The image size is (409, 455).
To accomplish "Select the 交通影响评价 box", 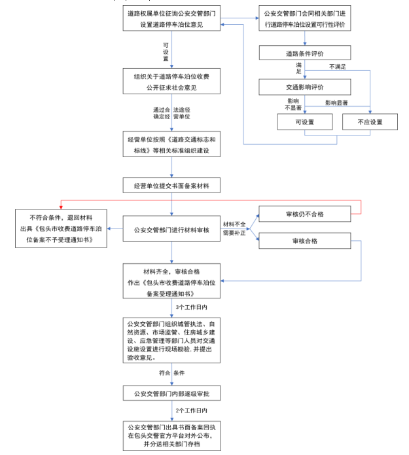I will (x=305, y=87).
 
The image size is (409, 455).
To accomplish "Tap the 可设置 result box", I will (x=305, y=122).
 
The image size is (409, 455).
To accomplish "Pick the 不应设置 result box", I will (x=370, y=122).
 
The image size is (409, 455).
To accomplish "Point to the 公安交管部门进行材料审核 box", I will (x=171, y=230).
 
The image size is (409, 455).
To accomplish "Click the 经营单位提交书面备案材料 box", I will (x=171, y=185).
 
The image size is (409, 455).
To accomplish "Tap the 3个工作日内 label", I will (x=191, y=306).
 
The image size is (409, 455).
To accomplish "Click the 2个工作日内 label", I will (x=191, y=410).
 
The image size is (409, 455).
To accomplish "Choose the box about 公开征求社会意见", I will (x=171, y=82).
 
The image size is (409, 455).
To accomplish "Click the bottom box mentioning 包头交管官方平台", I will (x=171, y=435).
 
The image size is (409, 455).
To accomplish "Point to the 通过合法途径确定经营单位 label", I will (x=171, y=113).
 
